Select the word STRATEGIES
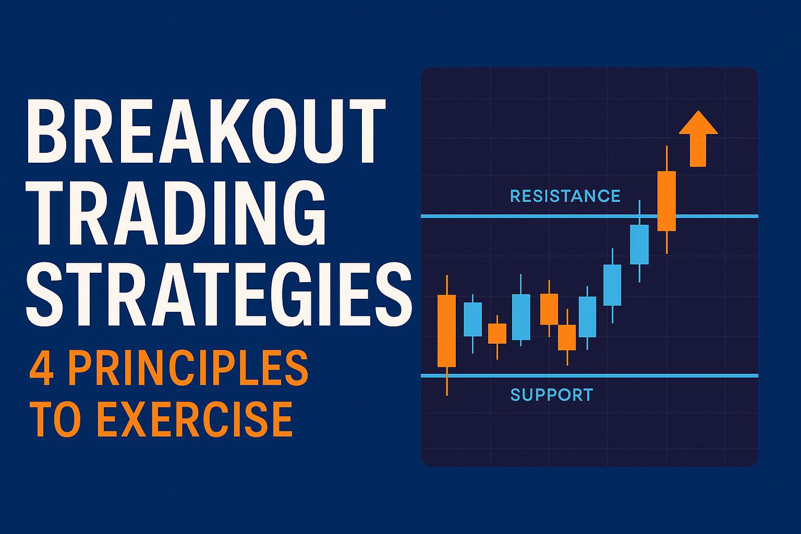tap(219, 296)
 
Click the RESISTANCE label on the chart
tap(565, 196)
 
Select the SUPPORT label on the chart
tap(552, 395)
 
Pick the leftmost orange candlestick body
tap(446, 331)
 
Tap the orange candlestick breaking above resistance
tap(666, 201)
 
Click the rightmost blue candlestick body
tap(639, 244)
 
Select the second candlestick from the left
tap(473, 319)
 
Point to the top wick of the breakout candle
tap(667, 159)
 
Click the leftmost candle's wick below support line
tap(447, 385)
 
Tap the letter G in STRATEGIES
tap(301, 296)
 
